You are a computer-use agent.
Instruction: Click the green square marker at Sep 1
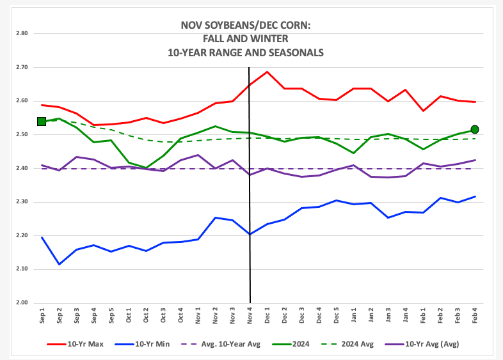(42, 121)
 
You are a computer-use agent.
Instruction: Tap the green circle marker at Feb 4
(475, 130)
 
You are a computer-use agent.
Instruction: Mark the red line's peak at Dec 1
(267, 72)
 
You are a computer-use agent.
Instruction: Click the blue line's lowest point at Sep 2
(59, 264)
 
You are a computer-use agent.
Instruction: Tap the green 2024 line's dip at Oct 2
(146, 168)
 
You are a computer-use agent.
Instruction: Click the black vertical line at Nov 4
(249, 192)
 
